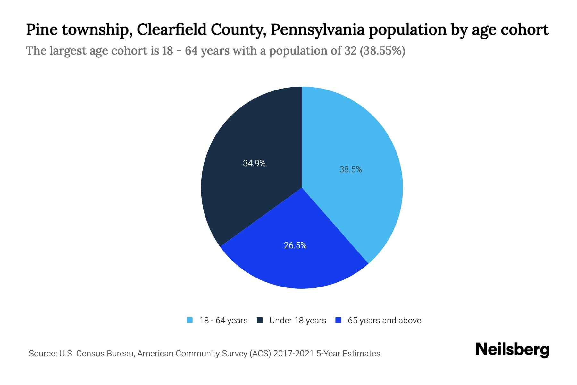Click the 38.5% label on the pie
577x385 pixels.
pyautogui.click(x=350, y=169)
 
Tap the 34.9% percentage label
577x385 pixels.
pyautogui.click(x=254, y=163)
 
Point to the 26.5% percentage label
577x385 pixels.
pyautogui.click(x=295, y=245)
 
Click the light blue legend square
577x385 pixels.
pyautogui.click(x=190, y=320)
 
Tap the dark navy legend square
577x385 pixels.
pyautogui.click(x=260, y=320)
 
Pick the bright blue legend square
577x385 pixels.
pyautogui.click(x=338, y=320)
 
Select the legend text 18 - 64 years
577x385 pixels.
pyautogui.click(x=223, y=321)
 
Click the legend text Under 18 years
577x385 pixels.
pyautogui.click(x=297, y=321)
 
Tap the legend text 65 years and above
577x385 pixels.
pyautogui.click(x=384, y=321)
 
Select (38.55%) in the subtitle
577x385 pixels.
pyautogui.click(x=383, y=51)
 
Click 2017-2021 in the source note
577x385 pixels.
pyautogui.click(x=294, y=354)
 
